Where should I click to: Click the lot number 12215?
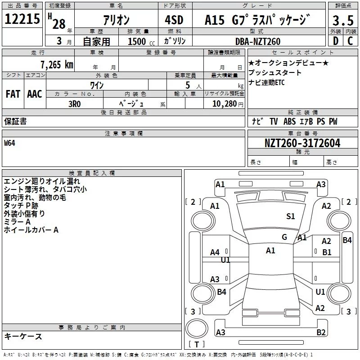pos(22,19)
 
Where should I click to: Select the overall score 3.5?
pos(343,20)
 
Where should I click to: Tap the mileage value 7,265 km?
pos(57,65)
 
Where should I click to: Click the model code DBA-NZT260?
pos(258,41)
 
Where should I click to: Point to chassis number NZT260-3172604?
pos(302,143)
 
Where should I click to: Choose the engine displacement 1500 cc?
pos(141,41)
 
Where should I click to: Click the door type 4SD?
pos(174,20)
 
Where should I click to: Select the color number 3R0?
pos(75,104)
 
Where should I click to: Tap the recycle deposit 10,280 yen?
pos(228,104)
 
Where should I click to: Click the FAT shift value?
pos(13,94)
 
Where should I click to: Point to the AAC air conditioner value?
pos(35,94)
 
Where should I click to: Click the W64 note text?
pos(9,143)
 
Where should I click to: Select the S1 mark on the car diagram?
pos(290,216)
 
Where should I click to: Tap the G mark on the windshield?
pos(284,237)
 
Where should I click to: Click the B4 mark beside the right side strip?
pos(347,240)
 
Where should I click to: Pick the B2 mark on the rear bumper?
pos(321,332)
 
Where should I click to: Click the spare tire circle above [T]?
pos(197,328)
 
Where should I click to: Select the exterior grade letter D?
pos(336,41)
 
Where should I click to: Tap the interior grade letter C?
pos(350,41)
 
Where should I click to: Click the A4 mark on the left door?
pos(215,252)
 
